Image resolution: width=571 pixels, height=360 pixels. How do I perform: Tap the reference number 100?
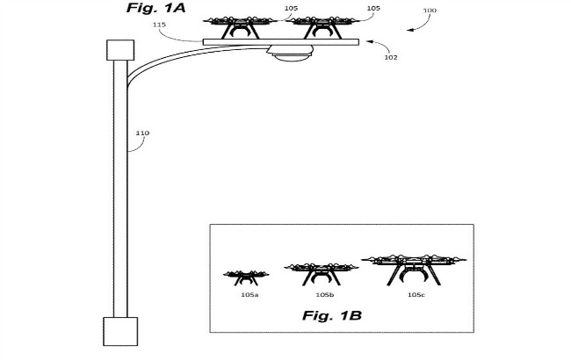429,10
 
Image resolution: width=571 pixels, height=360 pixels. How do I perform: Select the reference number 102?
390,57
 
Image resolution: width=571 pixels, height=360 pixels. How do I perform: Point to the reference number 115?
159,25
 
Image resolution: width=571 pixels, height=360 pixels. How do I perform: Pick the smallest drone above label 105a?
242,277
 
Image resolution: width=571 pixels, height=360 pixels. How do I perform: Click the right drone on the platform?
316,24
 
